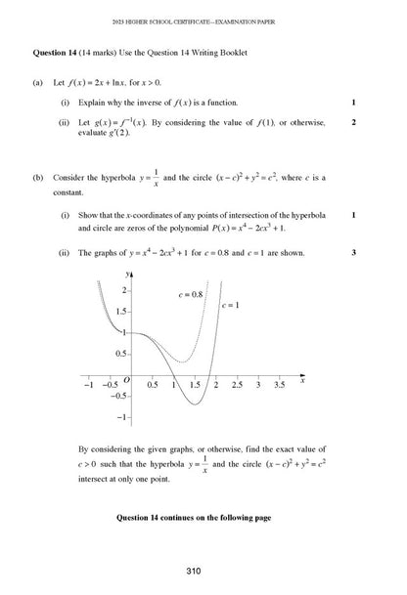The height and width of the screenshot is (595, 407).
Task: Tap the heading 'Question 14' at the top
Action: click(x=61, y=49)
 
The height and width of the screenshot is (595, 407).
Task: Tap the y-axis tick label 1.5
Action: click(x=121, y=311)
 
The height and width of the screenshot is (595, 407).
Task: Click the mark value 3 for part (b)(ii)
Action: click(x=353, y=252)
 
